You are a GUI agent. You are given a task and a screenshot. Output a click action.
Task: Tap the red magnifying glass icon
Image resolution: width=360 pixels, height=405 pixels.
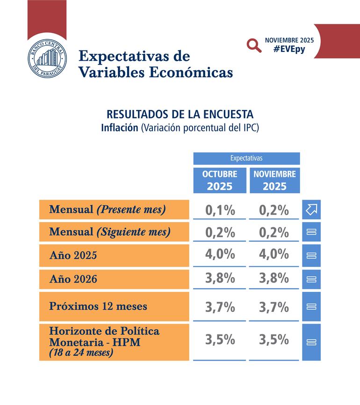coord(254,45)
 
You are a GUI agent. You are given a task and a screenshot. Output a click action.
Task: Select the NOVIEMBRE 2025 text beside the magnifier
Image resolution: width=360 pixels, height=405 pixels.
coord(289,40)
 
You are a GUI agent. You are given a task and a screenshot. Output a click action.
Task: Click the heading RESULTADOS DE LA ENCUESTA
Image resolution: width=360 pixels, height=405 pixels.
coord(180,115)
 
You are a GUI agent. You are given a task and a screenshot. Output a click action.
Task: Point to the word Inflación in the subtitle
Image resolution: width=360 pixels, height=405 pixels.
coord(119,128)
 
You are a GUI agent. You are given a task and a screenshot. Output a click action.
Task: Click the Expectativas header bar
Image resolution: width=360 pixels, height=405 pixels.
coord(246,159)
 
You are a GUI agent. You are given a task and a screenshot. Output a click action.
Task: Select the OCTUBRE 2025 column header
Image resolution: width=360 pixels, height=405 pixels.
coord(220,180)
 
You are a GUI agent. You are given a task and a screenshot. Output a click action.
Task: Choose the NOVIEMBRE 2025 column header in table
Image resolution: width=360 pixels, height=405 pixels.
coord(274,180)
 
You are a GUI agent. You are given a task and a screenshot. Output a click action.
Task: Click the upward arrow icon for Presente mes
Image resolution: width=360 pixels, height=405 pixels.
coord(311,210)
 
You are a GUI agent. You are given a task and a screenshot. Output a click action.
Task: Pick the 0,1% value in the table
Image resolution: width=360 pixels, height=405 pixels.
coord(220,210)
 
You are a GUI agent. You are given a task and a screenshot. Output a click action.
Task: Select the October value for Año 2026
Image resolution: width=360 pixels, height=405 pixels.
coord(220,279)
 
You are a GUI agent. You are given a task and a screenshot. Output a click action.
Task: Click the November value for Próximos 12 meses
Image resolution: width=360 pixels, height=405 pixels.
coord(274,307)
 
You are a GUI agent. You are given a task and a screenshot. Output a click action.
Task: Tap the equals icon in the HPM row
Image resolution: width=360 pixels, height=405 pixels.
coord(311,342)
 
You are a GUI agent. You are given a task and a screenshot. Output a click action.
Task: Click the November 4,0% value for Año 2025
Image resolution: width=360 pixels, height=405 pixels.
coord(274,254)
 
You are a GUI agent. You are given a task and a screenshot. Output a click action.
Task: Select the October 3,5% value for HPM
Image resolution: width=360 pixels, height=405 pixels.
coord(220,340)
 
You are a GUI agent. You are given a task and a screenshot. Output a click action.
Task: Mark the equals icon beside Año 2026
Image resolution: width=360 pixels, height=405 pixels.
coord(311,279)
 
